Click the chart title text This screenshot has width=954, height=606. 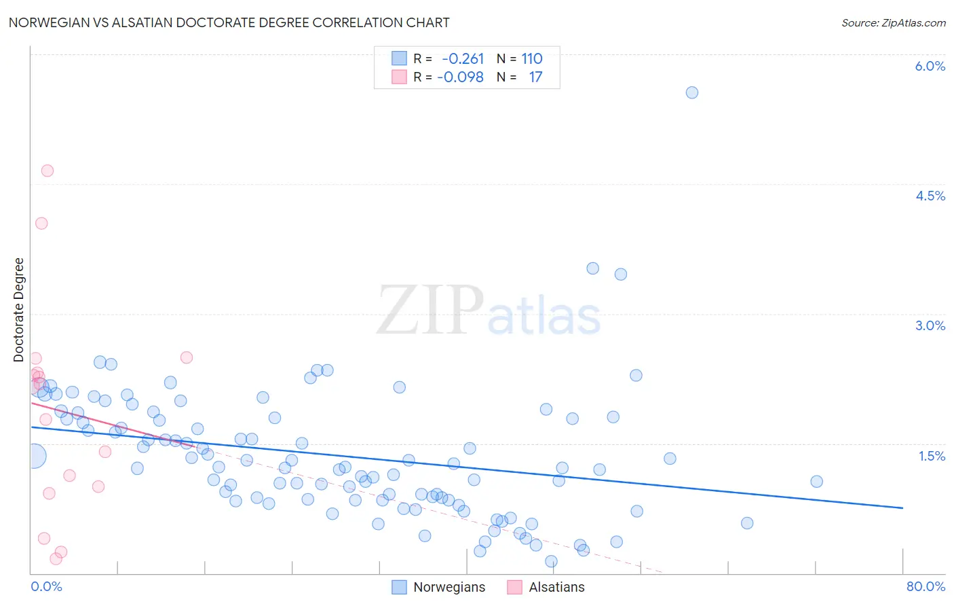coord(229,22)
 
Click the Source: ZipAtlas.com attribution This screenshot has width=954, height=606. coord(893,22)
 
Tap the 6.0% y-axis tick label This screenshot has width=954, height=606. coord(930,66)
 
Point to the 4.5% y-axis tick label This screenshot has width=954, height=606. coord(930,196)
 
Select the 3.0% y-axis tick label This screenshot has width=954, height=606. coord(930,325)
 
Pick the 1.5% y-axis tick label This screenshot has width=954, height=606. coord(932,456)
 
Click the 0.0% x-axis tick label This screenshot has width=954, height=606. coord(46,586)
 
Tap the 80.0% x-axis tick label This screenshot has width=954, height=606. coord(926,586)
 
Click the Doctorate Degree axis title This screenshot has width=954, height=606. coord(19,310)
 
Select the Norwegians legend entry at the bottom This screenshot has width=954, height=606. coord(449,587)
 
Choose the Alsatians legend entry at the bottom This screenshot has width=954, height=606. coord(556,587)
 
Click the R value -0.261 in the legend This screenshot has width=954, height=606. coord(463,59)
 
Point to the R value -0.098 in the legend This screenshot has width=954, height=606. coord(460,77)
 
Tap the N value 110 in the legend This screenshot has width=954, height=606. coord(532,59)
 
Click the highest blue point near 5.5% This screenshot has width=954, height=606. coord(691,92)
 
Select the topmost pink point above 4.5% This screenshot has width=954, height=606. coord(47,171)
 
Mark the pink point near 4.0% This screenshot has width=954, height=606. coord(41,223)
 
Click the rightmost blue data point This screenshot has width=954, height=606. coord(816,482)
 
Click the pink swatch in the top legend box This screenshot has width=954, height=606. coord(399,77)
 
